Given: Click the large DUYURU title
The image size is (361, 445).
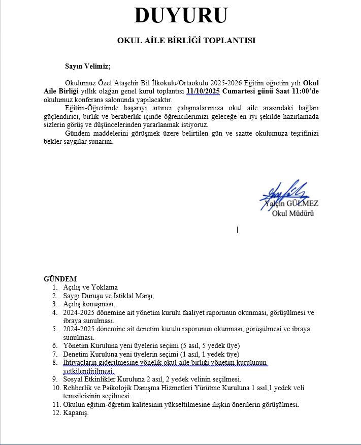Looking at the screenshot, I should [x=180, y=16].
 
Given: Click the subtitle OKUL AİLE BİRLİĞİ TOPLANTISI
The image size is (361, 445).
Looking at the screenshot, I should [x=186, y=41].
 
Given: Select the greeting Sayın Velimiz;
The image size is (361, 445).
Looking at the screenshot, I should [x=87, y=66].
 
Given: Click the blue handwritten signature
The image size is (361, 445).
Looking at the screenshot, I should [x=284, y=193].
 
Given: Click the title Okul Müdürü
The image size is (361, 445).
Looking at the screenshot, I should [x=293, y=213].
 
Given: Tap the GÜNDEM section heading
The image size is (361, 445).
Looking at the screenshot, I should [x=60, y=279].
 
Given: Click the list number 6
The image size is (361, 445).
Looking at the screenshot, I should [x=55, y=345].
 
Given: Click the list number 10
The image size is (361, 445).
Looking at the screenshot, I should [x=56, y=388].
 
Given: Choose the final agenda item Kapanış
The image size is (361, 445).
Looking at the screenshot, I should [x=76, y=412].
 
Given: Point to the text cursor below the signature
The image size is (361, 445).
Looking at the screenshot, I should [x=237, y=230].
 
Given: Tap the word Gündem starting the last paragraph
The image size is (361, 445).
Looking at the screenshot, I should [x=77, y=133].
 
